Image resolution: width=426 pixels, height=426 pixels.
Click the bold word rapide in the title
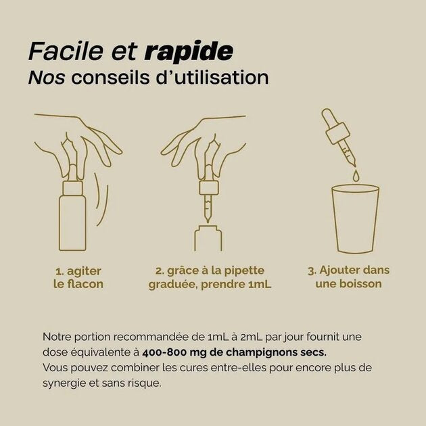[x=188, y=51]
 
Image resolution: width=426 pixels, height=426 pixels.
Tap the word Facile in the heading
[x=66, y=51]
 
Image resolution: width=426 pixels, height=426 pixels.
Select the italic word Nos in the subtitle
[x=47, y=78]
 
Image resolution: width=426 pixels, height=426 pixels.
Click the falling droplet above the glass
[x=356, y=176]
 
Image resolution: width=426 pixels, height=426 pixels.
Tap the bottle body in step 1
[x=72, y=223]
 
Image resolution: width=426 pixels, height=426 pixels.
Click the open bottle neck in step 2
[x=208, y=237]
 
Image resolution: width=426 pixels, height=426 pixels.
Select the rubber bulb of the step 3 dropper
[x=329, y=118]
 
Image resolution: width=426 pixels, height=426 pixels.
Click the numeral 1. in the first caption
[x=60, y=271]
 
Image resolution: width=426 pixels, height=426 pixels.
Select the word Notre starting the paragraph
[x=57, y=337]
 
